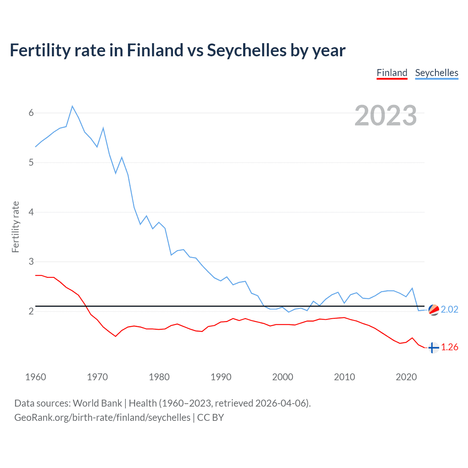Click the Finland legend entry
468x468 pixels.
pos(392,73)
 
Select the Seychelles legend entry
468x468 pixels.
pos(437,73)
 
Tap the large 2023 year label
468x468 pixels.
pos(386,116)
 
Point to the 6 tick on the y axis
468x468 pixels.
pos(31,113)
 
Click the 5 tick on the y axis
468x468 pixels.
pos(31,162)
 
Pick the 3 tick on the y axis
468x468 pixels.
pos(31,262)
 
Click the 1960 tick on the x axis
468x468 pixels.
pos(35,377)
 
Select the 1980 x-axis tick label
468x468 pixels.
pos(159,377)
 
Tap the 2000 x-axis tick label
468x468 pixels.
pos(283,377)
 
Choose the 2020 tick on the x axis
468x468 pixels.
pos(406,377)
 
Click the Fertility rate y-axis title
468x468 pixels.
pos(15,227)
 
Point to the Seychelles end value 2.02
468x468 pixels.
pos(449,309)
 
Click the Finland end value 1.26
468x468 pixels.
pos(449,347)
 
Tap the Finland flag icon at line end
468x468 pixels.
pos(433,348)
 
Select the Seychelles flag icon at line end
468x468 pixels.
pos(434,310)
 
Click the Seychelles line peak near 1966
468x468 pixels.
pos(72,106)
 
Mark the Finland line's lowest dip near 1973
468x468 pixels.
pos(116,336)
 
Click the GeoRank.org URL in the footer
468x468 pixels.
pos(102,418)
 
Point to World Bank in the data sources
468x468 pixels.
pos(97,403)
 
